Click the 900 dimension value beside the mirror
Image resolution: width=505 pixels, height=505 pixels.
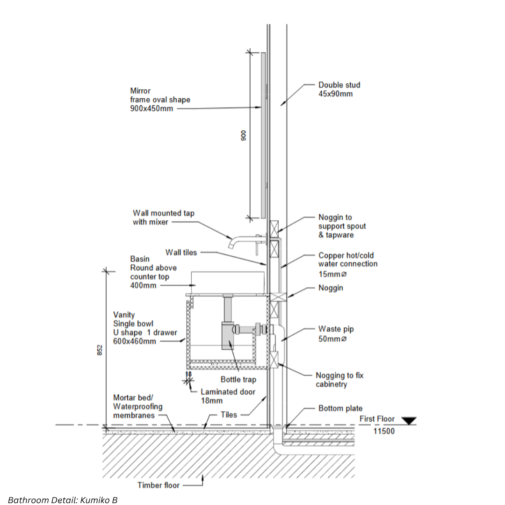[x=244, y=135]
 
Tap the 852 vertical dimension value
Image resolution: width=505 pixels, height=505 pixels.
[x=100, y=350]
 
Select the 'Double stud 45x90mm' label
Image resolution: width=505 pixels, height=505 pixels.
[x=339, y=89]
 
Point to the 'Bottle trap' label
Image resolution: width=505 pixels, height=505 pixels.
[x=238, y=379]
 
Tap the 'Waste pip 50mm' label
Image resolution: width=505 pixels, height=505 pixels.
[x=336, y=334]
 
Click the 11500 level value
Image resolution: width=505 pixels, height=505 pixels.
[x=384, y=431]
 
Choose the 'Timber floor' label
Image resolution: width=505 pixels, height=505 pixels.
[x=159, y=485]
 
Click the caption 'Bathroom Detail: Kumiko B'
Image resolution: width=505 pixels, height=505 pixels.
[x=63, y=500]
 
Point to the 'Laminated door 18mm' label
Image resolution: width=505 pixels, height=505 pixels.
[x=228, y=396]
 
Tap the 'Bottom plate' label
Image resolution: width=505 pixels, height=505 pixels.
[x=340, y=408]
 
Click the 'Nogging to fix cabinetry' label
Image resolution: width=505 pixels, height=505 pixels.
[x=339, y=380]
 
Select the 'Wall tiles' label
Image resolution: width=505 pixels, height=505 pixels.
[x=181, y=252]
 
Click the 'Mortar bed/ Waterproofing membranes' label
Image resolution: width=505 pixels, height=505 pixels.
[x=138, y=406]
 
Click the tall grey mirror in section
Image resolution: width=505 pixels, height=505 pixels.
[x=263, y=135]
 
